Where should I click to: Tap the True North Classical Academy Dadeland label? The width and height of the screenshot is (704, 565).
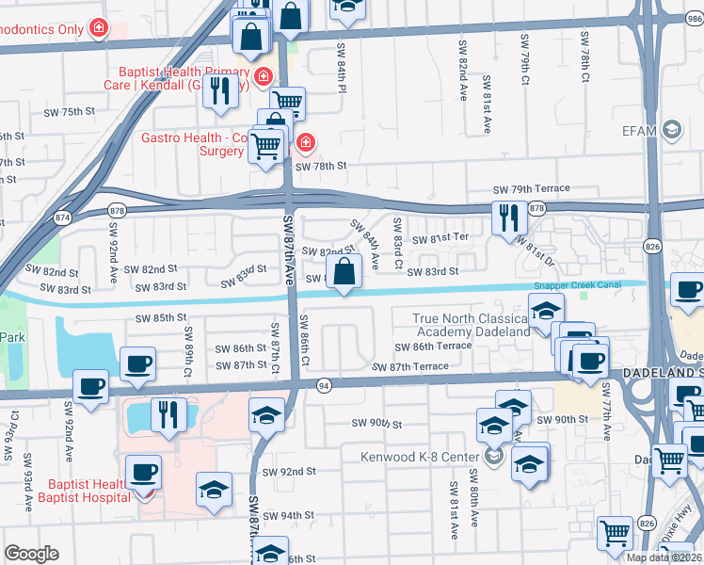point(471,325)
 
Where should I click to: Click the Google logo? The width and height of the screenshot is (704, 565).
point(31,554)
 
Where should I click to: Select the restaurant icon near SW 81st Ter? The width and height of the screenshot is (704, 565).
point(506,218)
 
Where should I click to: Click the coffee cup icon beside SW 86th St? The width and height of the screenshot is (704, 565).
point(138,363)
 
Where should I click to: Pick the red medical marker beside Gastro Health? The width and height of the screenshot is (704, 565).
point(305,143)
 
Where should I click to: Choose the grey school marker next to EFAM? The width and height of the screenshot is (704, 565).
point(671,129)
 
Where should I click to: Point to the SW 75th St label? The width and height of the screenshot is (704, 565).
point(71,112)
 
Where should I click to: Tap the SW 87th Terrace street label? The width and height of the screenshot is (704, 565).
point(410,366)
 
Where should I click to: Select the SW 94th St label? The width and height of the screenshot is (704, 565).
point(288,516)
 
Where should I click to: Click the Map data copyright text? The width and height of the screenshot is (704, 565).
point(664,557)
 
